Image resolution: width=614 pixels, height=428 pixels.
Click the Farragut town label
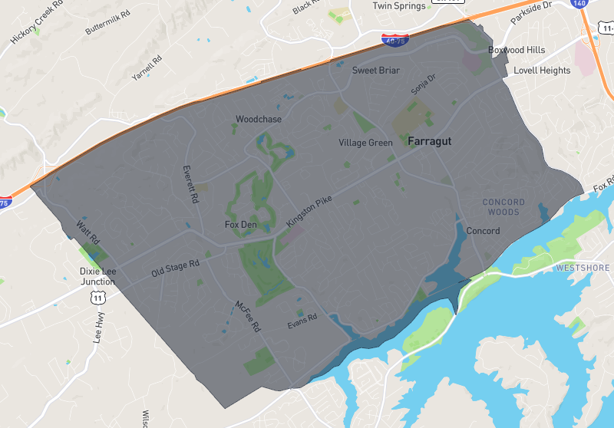(429, 142)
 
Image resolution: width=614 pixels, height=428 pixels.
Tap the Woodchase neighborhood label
(259, 120)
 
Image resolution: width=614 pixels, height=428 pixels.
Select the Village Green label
(365, 143)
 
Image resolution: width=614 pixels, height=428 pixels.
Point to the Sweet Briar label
(375, 71)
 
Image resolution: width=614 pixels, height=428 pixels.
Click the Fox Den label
(240, 225)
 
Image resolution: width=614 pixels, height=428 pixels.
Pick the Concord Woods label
(503, 206)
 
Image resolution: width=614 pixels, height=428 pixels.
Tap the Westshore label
(583, 268)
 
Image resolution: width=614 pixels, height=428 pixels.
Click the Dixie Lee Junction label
(97, 276)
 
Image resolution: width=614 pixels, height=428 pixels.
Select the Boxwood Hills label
(517, 50)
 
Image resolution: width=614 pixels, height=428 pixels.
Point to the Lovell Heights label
(542, 71)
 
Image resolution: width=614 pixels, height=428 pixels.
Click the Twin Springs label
(398, 6)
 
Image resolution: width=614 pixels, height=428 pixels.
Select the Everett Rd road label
(190, 184)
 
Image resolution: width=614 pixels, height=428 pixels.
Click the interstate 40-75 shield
(395, 38)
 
